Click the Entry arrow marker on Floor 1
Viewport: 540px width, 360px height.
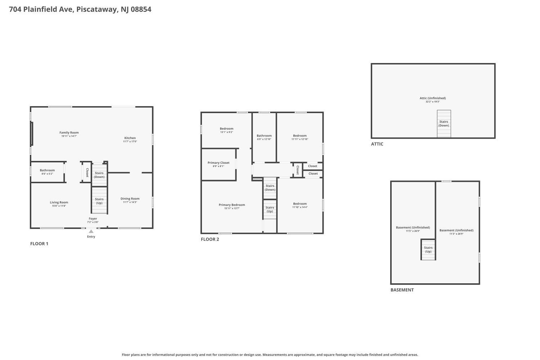(91, 231)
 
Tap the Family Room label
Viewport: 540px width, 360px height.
(69, 132)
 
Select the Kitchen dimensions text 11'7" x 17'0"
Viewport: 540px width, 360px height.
(130, 141)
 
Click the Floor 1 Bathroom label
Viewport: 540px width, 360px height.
(47, 170)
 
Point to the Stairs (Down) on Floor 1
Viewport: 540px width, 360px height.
(99, 175)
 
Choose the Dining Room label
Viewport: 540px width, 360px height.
(130, 198)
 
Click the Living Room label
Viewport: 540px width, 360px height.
(59, 202)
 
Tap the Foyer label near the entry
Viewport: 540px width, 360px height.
(93, 219)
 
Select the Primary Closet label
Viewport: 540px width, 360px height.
(218, 163)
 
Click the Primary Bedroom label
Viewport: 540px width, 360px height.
(232, 205)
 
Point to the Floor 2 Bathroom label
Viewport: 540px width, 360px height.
(264, 136)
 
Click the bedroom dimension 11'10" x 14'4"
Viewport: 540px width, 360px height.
(300, 207)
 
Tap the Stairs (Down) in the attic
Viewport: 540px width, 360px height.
(444, 123)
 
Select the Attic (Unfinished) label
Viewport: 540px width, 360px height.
(432, 98)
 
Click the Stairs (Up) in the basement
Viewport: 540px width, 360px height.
(428, 249)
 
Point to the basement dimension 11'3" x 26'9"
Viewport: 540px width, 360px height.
(456, 234)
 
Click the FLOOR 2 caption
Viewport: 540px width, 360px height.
(210, 239)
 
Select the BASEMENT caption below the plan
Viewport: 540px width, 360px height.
(402, 290)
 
